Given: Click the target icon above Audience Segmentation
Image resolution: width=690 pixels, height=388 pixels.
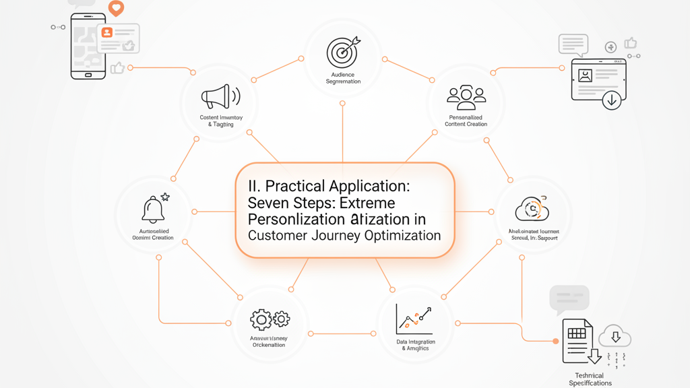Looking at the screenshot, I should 342,53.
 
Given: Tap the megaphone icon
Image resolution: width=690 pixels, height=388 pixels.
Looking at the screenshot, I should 220,97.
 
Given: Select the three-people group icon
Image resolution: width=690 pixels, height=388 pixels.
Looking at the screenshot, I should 466,97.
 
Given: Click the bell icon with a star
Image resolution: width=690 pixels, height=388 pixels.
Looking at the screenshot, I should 154,209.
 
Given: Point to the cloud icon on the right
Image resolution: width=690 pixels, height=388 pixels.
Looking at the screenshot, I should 532,209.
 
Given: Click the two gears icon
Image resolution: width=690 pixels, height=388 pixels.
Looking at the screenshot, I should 270,319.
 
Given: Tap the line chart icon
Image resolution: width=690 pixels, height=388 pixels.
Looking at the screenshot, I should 414,319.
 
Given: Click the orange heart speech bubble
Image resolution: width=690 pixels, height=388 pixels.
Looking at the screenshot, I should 117,8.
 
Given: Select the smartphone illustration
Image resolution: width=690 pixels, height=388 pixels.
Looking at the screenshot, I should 88,46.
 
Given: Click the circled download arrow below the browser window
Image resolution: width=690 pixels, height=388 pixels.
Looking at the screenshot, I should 612,100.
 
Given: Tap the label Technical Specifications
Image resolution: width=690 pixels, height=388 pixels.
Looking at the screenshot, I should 590,379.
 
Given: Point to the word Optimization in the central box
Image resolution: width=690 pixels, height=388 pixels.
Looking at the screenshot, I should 402,236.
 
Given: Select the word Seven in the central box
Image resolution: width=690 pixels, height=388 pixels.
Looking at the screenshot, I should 268,203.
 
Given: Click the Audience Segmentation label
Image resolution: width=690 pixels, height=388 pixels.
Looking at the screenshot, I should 343,78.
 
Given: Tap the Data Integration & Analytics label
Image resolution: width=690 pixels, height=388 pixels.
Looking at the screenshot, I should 415,345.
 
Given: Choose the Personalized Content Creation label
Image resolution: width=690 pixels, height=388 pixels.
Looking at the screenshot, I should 466,121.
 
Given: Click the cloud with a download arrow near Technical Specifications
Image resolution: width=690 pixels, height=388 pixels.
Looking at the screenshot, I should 615,335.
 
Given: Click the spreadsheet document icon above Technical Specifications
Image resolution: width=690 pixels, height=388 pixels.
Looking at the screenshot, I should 577,341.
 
